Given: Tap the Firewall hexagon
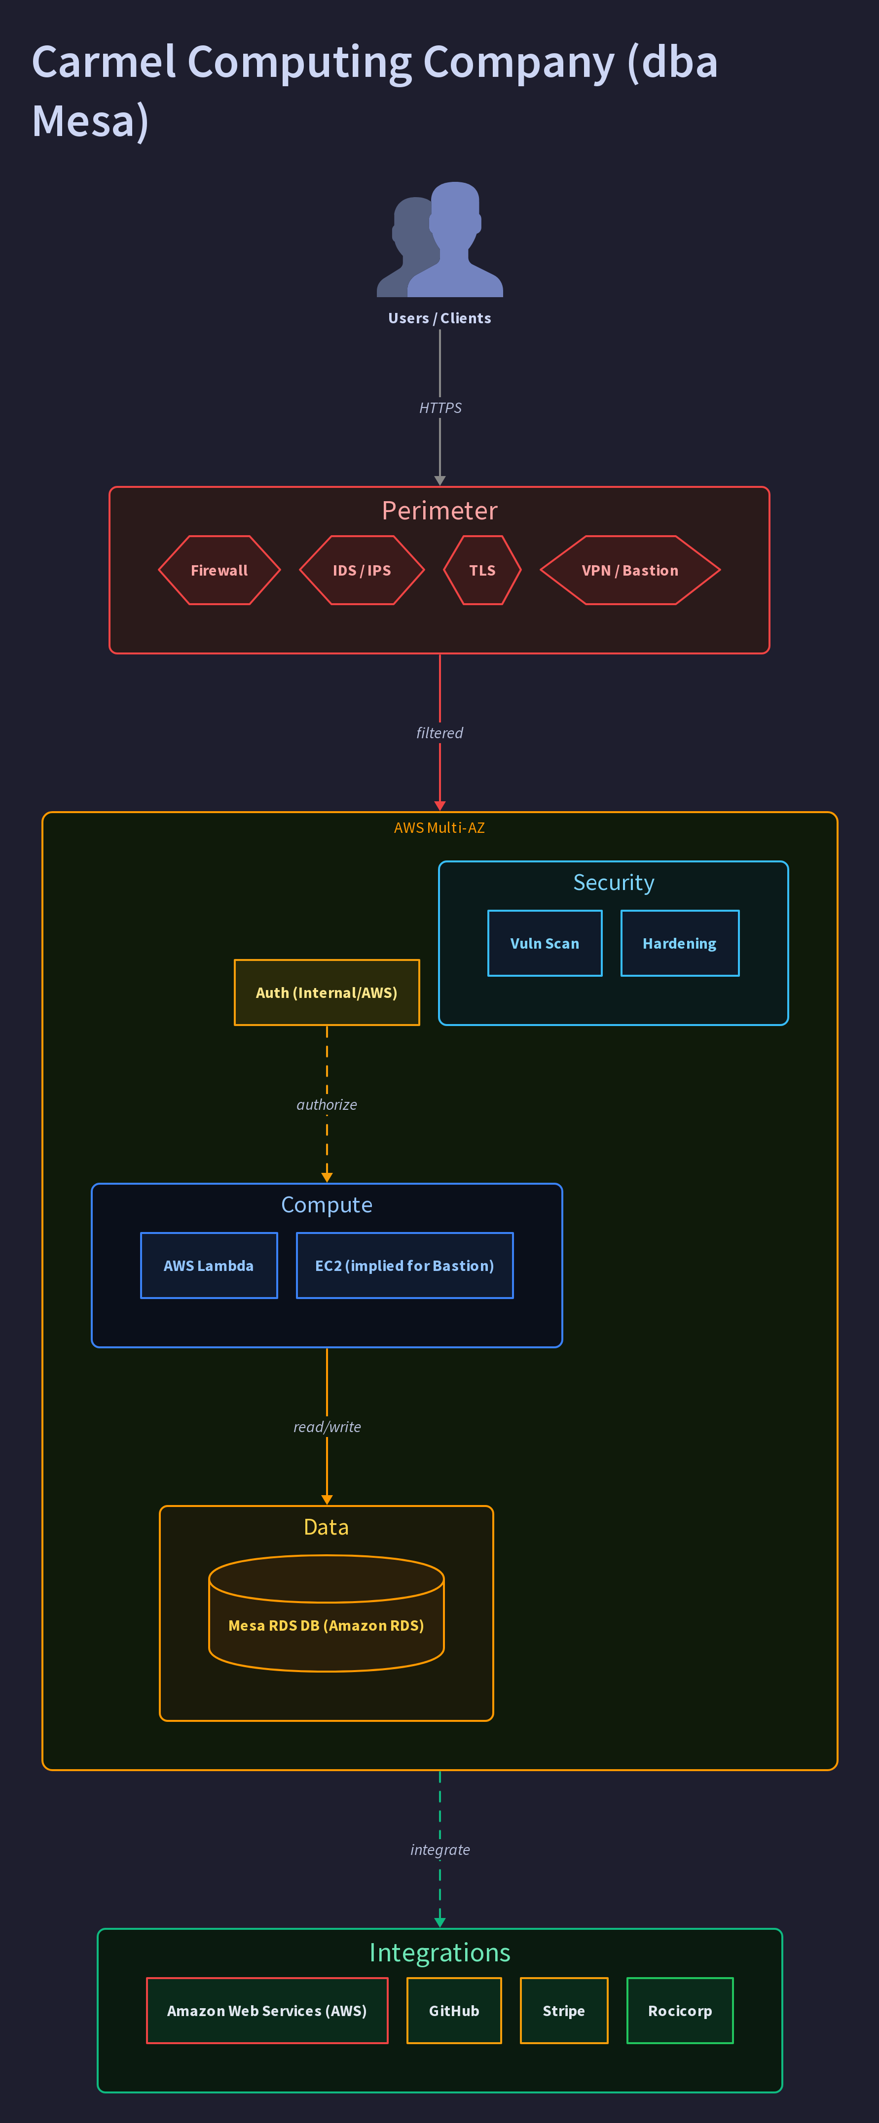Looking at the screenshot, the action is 220,570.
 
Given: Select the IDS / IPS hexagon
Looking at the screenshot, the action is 362,570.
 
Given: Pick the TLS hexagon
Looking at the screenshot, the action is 482,570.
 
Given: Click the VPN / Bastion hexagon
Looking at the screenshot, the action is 630,570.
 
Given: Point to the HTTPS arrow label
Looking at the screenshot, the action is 440,408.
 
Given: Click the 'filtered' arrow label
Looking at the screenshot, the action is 439,733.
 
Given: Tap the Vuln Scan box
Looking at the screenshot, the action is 545,944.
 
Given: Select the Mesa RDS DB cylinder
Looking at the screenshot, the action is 327,1613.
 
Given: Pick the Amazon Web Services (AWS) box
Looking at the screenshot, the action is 267,2011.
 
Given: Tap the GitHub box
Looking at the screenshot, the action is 454,2011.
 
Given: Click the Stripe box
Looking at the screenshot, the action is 564,2011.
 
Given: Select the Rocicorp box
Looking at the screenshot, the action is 680,2011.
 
